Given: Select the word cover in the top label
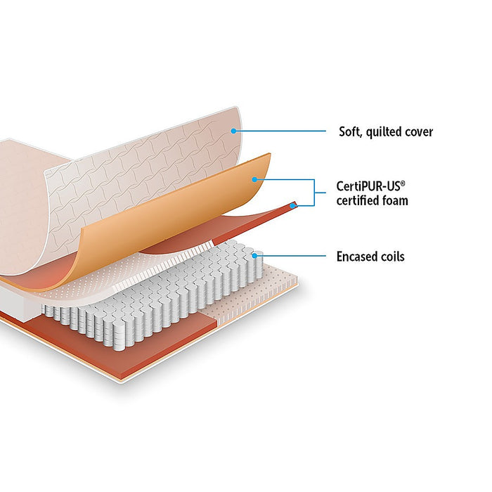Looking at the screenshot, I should click(x=420, y=131).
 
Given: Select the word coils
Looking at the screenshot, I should click(x=392, y=257).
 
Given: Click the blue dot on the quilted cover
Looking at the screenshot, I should click(x=233, y=130).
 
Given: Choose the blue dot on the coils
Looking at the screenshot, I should click(x=254, y=256).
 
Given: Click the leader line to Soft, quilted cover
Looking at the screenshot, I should click(x=281, y=131).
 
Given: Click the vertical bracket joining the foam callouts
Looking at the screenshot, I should click(x=312, y=192).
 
